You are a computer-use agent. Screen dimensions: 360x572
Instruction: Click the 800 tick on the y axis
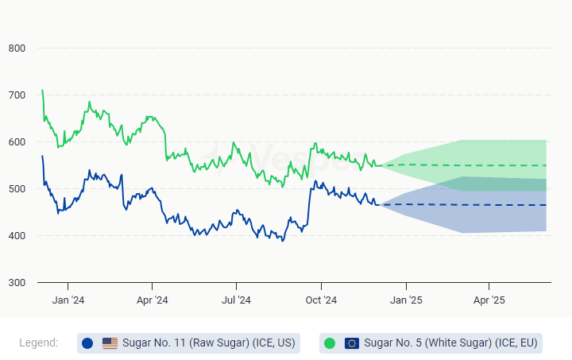pos(17,48)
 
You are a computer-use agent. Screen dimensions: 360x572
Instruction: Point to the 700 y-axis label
pos(17,95)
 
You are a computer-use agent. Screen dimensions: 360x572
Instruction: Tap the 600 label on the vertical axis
pos(17,141)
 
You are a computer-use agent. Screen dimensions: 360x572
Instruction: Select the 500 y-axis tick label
pos(17,188)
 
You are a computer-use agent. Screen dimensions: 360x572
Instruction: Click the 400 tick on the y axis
pos(17,236)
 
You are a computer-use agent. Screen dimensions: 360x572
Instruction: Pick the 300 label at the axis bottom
pos(17,283)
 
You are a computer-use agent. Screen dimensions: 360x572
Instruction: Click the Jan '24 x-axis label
pos(68,300)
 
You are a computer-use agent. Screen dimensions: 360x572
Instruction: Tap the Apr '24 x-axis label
pos(152,300)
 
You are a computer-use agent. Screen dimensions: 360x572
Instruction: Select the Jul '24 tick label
pos(236,300)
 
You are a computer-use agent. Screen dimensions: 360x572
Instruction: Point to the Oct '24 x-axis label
pos(321,300)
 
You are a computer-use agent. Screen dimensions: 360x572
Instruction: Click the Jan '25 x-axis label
pos(406,300)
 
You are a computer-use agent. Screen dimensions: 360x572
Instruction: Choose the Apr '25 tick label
pos(489,300)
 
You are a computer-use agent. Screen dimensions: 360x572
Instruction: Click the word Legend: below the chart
pos(38,343)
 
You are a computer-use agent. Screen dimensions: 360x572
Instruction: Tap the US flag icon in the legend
pos(110,343)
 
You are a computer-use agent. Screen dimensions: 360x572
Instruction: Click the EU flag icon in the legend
pos(352,343)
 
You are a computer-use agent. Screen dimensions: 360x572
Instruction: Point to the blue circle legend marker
pos(87,343)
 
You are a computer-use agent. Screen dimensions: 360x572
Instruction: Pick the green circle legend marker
pos(330,343)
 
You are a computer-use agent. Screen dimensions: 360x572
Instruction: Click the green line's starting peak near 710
pos(42,91)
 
